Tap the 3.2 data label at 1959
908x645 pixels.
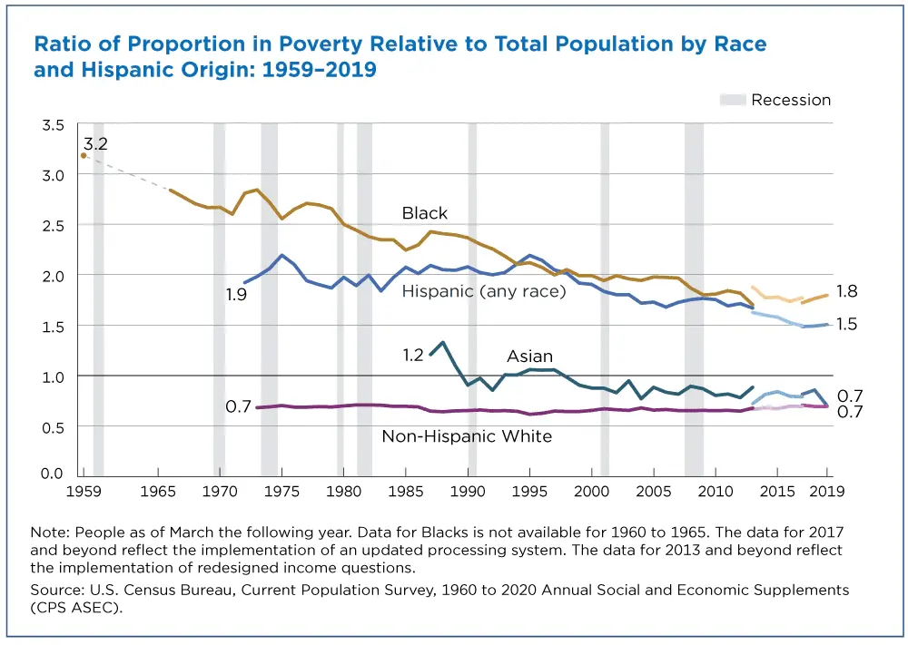point(96,143)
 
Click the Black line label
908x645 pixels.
point(424,213)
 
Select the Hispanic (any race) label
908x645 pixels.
point(483,290)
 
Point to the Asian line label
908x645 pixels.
point(529,357)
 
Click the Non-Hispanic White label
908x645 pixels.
point(466,436)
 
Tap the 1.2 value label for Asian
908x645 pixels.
point(413,355)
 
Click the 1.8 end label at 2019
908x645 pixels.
point(846,291)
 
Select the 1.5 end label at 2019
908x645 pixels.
point(846,324)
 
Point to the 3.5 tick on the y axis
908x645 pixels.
point(54,124)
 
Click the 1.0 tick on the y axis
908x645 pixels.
point(54,376)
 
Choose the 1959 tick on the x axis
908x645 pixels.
point(82,492)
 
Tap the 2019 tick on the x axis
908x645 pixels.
point(827,492)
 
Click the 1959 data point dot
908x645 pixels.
point(83,155)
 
